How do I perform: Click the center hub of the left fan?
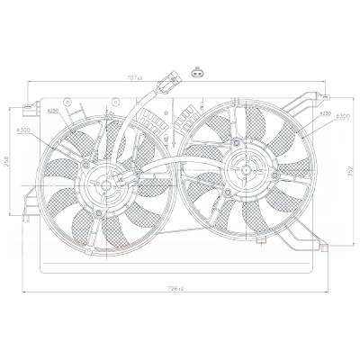point(107,186)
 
